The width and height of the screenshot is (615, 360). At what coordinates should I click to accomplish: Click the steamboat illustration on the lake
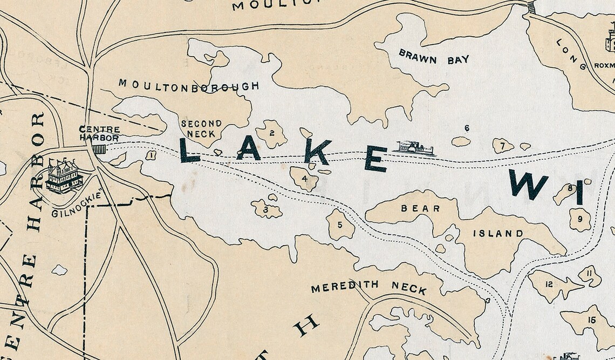point(415,148)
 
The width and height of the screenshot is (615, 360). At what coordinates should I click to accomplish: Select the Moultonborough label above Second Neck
point(189,85)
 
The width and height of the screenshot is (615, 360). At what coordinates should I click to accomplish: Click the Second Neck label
point(201,128)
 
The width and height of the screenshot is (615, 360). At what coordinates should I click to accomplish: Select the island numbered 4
point(304,179)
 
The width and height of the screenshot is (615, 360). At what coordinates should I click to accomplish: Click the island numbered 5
point(340,225)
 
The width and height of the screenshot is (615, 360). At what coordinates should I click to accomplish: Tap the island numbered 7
point(502,145)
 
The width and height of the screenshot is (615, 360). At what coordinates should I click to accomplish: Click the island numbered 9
point(580,219)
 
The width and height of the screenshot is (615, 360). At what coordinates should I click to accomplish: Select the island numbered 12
point(549,284)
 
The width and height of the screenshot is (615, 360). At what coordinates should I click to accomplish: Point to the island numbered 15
point(591,321)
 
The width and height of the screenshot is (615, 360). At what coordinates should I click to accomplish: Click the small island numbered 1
point(151,155)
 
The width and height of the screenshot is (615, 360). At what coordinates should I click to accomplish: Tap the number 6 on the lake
point(467,128)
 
